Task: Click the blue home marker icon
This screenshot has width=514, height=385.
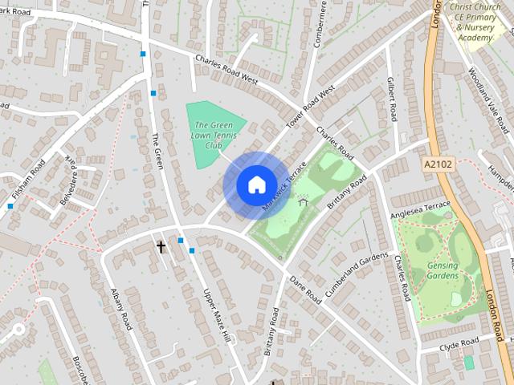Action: pyautogui.click(x=255, y=185)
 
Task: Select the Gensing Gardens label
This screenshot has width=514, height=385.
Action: pyautogui.click(x=442, y=269)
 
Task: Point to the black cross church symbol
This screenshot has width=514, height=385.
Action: pyautogui.click(x=161, y=247)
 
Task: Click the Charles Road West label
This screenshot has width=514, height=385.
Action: pyautogui.click(x=227, y=69)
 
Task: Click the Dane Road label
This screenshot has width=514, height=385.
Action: pyautogui.click(x=306, y=290)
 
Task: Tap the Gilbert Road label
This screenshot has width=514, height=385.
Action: pyautogui.click(x=391, y=99)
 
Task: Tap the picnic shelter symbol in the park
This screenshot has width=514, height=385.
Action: pyautogui.click(x=303, y=200)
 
